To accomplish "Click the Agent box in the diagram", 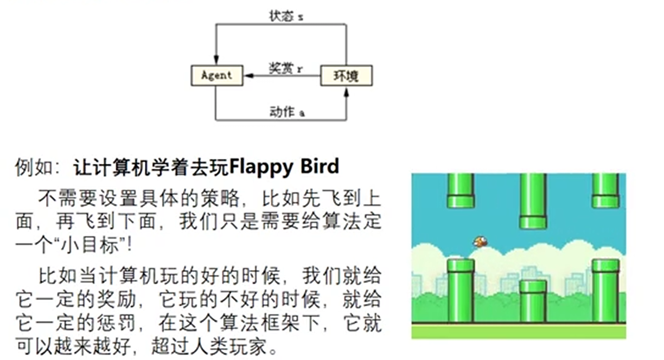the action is [x=216, y=76].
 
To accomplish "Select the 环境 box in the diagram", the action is [x=346, y=76].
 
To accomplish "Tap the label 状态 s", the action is [x=286, y=16].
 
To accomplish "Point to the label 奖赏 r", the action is [x=286, y=69].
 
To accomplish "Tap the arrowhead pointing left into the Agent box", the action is [x=248, y=76].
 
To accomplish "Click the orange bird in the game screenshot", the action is [x=480, y=241].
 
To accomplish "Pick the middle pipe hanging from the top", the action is [x=533, y=201].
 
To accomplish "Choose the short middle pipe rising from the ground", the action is [x=533, y=301].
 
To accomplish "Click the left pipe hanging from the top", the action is [x=461, y=190].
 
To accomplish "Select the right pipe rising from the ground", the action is [x=605, y=291].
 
